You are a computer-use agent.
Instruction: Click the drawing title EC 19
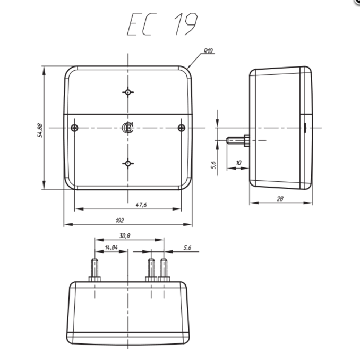click(x=162, y=24)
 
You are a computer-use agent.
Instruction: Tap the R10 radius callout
click(x=208, y=52)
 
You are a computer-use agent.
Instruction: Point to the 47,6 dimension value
click(x=141, y=204)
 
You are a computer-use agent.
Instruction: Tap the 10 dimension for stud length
click(x=238, y=162)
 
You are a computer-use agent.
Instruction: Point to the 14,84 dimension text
click(x=111, y=247)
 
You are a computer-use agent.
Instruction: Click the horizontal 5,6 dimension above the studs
click(x=187, y=247)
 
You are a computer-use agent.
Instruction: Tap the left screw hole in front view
click(x=75, y=127)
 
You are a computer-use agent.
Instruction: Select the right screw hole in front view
click(x=182, y=127)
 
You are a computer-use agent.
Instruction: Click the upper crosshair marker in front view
click(x=128, y=92)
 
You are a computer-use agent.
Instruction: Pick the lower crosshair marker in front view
click(x=128, y=163)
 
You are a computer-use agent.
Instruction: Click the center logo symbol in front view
click(x=127, y=127)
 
